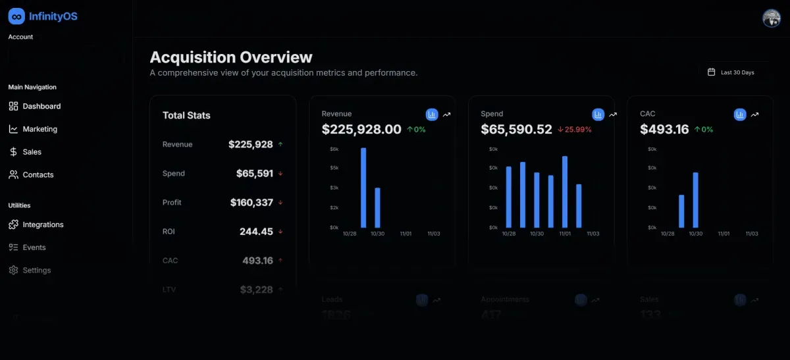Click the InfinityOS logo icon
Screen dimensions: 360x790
(16, 16)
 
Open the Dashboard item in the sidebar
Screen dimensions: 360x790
(41, 106)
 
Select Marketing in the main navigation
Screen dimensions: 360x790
(39, 129)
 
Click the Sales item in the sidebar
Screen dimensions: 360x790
(32, 152)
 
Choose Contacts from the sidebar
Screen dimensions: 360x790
(38, 175)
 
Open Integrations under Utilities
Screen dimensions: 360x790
(43, 224)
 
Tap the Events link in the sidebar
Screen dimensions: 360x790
(34, 247)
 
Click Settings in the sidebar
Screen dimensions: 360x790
(36, 270)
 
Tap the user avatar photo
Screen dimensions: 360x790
(771, 18)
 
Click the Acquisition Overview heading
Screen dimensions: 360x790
(231, 57)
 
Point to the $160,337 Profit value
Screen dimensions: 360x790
(251, 203)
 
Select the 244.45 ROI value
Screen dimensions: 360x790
(256, 232)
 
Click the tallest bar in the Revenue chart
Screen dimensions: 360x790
(363, 188)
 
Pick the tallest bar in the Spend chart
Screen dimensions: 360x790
(565, 192)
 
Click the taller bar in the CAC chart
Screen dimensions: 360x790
(696, 199)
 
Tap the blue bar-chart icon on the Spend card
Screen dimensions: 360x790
(598, 115)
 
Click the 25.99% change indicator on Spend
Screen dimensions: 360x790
(574, 130)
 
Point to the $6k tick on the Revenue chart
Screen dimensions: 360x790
(334, 149)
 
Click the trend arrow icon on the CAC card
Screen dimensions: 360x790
(754, 115)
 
